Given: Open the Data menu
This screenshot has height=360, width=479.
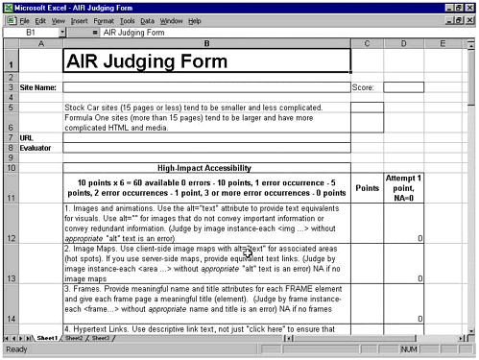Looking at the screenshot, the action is (x=147, y=20).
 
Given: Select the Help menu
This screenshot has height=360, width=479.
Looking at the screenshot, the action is (x=195, y=20).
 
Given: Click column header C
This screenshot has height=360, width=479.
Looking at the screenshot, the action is (x=367, y=43).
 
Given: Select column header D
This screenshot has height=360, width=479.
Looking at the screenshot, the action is (x=403, y=43).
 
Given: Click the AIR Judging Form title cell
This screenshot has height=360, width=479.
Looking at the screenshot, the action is (x=205, y=60).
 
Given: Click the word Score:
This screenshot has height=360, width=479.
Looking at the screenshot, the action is (x=363, y=87).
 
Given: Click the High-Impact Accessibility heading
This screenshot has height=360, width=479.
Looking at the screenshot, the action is (x=205, y=167).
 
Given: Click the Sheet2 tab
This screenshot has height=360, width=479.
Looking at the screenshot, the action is (x=73, y=339).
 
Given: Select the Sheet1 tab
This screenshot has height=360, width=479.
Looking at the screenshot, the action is (x=46, y=339).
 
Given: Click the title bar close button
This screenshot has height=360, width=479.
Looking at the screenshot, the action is (x=469, y=7).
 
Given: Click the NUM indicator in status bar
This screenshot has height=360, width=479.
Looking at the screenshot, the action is (x=408, y=349).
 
